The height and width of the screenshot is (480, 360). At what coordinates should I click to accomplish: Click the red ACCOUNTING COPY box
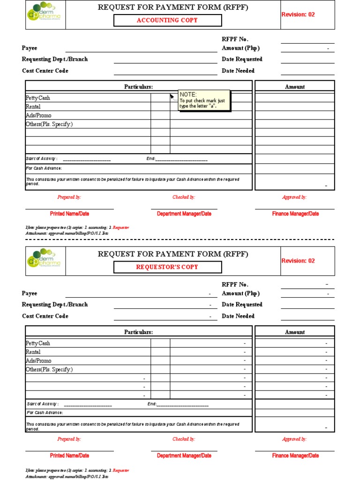coord(168,20)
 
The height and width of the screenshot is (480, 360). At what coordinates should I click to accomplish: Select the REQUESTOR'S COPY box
coord(168,267)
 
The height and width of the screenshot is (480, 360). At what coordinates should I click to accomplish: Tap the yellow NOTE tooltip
coord(204,100)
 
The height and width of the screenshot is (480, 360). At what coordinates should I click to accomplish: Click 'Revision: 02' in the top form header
coord(298,15)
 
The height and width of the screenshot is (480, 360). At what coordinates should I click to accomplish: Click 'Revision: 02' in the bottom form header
coord(298,261)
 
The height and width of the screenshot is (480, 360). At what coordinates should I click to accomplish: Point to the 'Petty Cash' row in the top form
coord(38,98)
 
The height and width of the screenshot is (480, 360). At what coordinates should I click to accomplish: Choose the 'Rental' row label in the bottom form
coord(33,352)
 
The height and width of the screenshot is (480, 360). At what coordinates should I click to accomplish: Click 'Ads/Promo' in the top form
coord(39,115)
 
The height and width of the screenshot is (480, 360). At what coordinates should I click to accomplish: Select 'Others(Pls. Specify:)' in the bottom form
coord(49,369)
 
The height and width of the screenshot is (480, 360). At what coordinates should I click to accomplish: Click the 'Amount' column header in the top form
coord(294,87)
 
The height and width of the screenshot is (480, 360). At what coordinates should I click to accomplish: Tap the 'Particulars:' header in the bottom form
coord(138,332)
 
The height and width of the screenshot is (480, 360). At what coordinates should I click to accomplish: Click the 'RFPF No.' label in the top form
coord(235,39)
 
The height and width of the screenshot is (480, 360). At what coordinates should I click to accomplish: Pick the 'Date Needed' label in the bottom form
coord(238,316)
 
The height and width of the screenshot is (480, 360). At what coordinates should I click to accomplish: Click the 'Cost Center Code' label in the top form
coord(45,71)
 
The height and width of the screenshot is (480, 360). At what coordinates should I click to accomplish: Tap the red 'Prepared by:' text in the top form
coord(69,197)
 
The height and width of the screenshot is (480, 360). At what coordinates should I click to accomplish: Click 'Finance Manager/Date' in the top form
coord(295,214)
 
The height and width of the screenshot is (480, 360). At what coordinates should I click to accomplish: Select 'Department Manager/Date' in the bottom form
coord(184,456)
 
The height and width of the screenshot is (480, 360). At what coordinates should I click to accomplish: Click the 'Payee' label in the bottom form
coord(30,293)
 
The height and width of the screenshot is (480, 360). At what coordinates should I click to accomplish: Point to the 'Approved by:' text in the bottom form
coord(294,439)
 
